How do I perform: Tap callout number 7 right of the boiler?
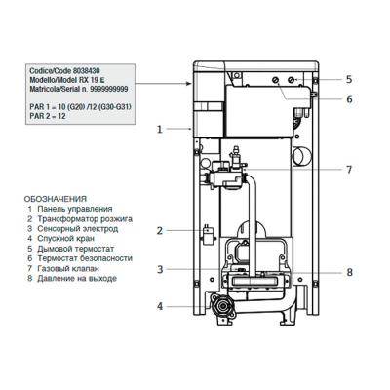click(348, 170)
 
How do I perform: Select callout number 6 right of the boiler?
click(348, 98)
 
